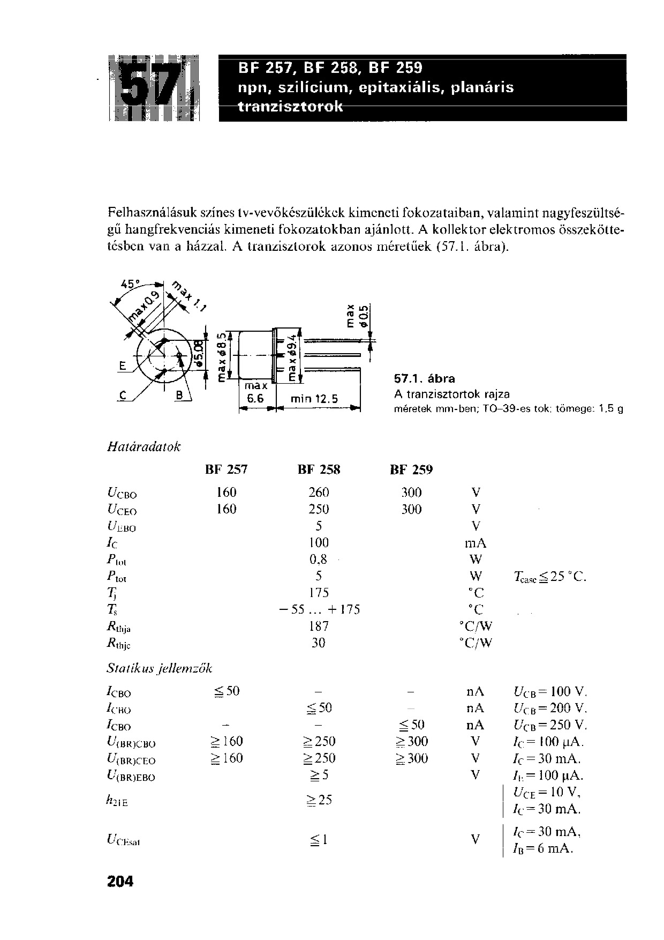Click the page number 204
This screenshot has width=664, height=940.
120,881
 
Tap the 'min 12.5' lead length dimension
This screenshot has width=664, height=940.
314,399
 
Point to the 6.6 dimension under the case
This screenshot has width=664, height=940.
255,399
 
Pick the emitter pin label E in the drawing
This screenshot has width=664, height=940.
122,367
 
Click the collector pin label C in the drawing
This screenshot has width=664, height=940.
122,397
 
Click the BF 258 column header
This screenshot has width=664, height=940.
319,470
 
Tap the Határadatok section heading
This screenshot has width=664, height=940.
144,446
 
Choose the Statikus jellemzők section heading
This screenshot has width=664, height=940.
160,668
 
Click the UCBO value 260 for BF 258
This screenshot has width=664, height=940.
319,493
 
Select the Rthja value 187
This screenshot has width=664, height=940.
319,626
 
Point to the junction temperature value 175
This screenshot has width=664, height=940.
319,593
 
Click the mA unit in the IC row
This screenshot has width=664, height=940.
475,543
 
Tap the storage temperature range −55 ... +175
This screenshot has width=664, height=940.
320,609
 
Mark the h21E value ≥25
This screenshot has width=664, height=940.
319,800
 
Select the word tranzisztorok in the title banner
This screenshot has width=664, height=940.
290,107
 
